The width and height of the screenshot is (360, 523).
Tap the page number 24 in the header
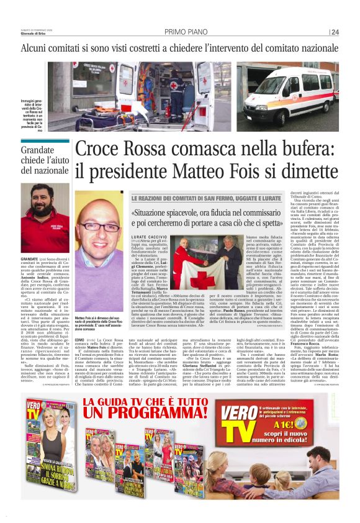coord(335,32)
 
